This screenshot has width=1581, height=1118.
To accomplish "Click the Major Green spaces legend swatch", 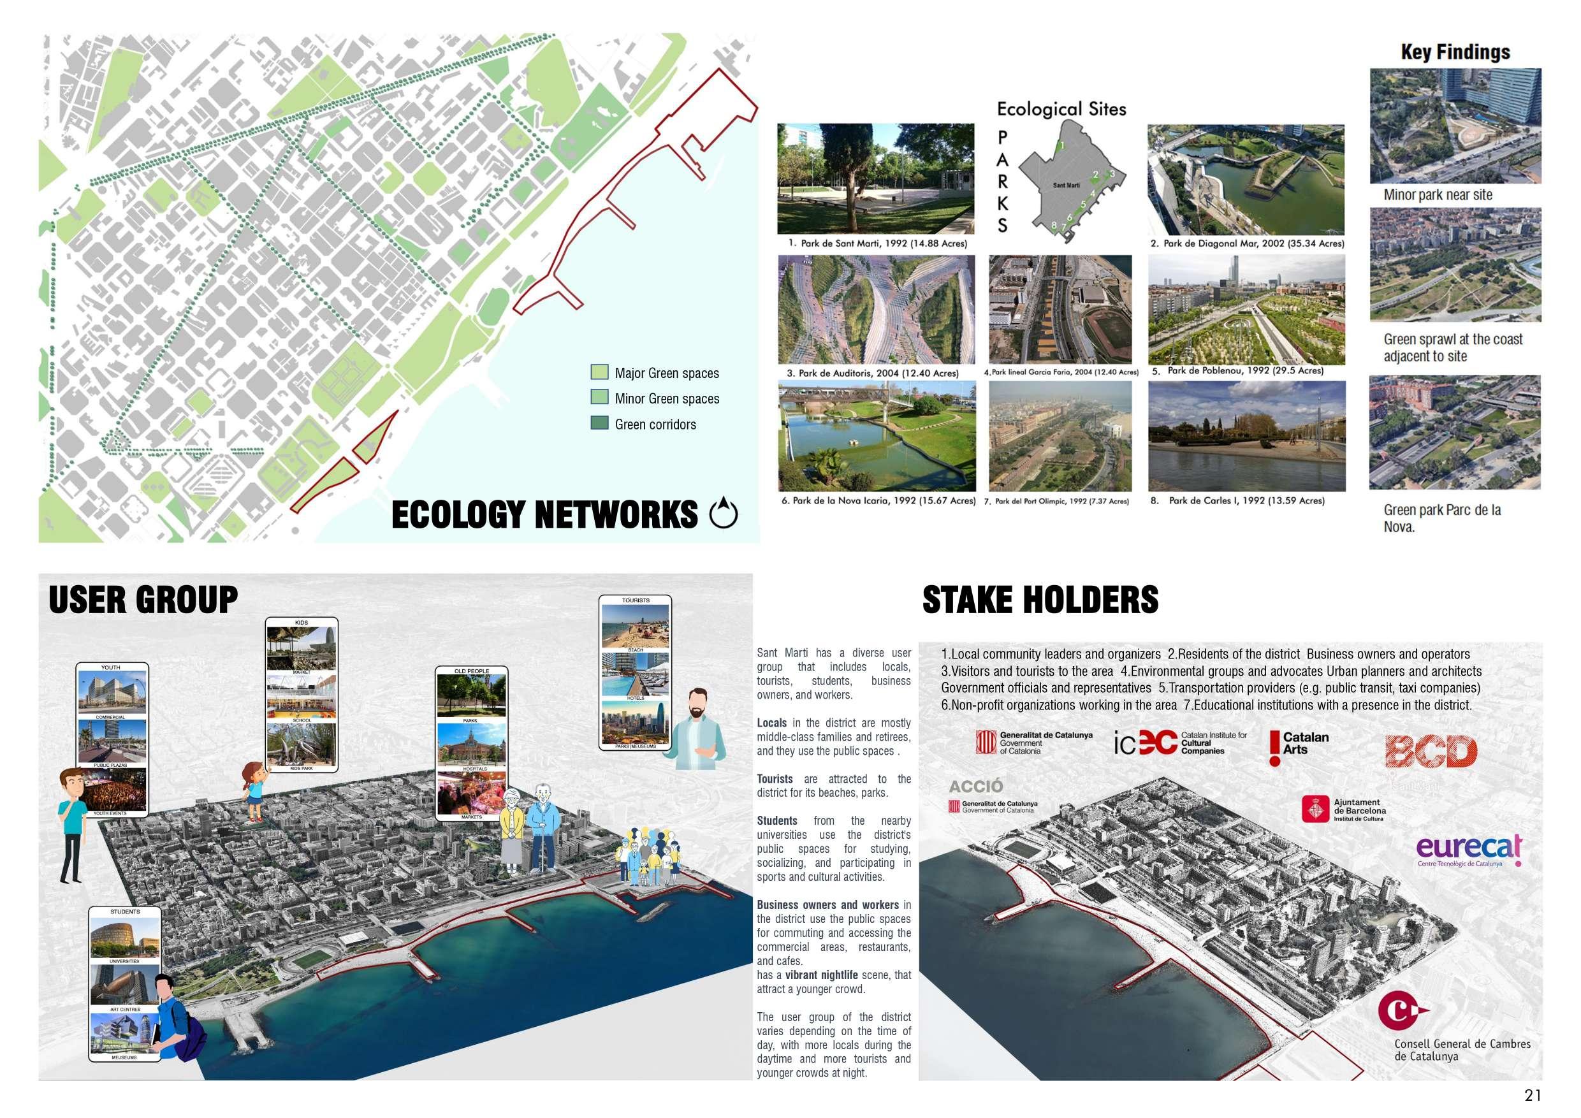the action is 599,372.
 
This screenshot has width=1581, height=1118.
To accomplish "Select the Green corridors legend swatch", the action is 599,423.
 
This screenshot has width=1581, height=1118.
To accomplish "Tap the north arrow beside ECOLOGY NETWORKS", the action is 723,514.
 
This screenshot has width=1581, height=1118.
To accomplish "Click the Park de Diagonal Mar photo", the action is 1246,179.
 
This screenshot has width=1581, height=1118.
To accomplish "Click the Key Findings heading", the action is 1455,52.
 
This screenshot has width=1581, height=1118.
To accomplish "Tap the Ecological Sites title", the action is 1061,109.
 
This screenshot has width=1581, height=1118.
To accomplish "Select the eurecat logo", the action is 1469,850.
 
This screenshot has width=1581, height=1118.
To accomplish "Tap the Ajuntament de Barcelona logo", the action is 1342,809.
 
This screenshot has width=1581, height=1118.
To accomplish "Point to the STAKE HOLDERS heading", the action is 1040,599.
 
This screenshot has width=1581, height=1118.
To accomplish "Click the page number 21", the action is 1533,1095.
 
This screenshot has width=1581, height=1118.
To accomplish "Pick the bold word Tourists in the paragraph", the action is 775,779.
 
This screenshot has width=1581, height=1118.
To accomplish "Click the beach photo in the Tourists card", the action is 635,626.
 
